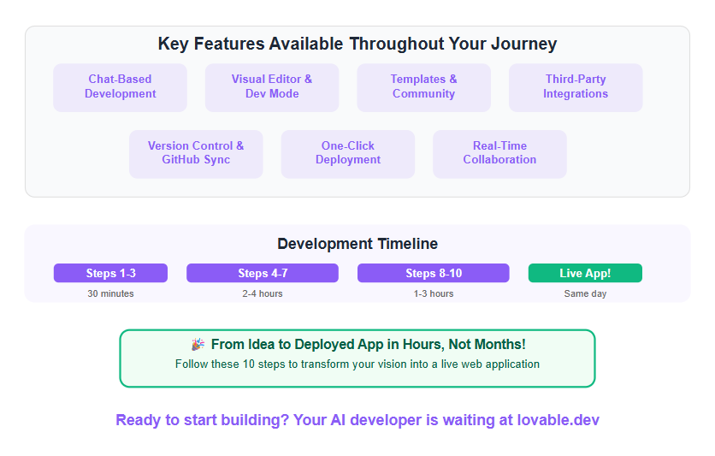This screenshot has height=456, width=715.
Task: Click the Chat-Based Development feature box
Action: [120, 87]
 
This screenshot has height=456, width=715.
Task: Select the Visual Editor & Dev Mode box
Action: [272, 87]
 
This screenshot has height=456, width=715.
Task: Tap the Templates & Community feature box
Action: [423, 87]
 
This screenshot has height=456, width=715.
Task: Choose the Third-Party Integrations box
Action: [576, 87]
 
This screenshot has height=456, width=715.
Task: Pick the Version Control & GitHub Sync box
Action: [196, 154]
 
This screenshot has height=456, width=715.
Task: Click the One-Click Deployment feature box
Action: [348, 154]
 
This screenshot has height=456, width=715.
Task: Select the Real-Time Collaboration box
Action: [499, 154]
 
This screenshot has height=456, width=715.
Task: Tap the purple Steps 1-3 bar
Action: [111, 273]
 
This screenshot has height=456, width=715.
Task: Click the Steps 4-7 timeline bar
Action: [263, 273]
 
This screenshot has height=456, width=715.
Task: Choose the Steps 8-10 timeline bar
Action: [434, 273]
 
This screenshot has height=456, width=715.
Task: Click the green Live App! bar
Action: [585, 273]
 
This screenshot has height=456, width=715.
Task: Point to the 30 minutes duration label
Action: [111, 293]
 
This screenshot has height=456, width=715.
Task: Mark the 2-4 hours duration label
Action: [263, 293]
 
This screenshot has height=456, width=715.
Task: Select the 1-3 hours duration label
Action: [434, 293]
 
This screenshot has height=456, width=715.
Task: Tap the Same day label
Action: [585, 293]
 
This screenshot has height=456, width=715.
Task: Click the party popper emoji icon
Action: [198, 344]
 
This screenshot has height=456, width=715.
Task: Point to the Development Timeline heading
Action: [357, 244]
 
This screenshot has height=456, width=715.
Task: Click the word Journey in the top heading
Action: [524, 44]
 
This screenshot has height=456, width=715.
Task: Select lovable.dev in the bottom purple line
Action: [558, 419]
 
